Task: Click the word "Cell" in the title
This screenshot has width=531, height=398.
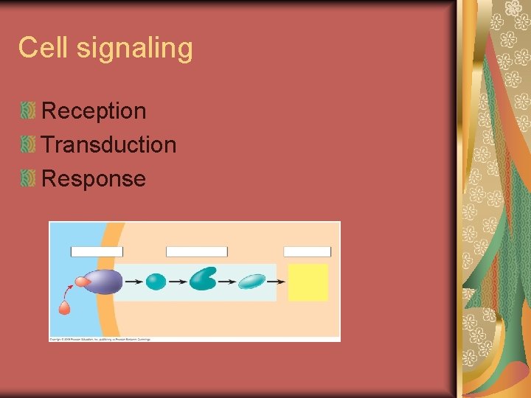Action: tap(44, 48)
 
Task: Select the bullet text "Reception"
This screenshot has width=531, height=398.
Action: tap(94, 111)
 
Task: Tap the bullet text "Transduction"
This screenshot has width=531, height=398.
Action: tap(109, 144)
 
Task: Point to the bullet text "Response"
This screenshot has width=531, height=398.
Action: tap(94, 178)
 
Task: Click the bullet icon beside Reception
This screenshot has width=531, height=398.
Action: tap(28, 111)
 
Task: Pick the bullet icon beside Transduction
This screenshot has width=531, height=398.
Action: tap(28, 144)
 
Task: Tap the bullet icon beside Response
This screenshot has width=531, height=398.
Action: tap(28, 178)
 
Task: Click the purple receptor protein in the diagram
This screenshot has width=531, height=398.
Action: tap(105, 281)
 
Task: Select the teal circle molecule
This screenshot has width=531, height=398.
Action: tap(156, 282)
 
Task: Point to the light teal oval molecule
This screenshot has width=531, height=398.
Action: tap(251, 281)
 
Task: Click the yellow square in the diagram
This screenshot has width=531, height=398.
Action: tap(308, 282)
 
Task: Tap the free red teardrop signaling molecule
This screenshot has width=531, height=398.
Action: tap(64, 308)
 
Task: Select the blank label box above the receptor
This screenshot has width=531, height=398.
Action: tap(97, 252)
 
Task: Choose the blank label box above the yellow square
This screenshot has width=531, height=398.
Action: tap(307, 252)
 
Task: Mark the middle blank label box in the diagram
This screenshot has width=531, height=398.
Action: tap(196, 252)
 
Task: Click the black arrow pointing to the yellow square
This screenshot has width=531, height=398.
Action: tap(276, 282)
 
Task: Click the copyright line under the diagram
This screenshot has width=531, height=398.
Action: tap(100, 339)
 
